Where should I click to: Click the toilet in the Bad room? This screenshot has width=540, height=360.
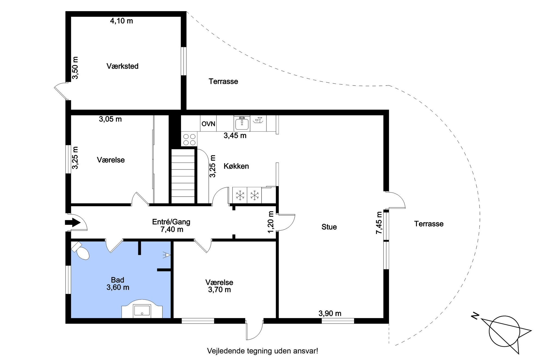(x=81, y=251)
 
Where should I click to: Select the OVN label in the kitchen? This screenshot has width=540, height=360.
(x=208, y=124)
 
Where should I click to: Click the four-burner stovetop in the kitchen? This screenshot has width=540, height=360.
(x=189, y=139)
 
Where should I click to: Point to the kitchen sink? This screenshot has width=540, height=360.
(x=242, y=124)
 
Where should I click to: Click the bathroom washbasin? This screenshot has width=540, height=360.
(x=142, y=311)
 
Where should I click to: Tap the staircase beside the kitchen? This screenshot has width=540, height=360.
(x=183, y=176)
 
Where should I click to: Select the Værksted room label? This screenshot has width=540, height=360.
(x=122, y=66)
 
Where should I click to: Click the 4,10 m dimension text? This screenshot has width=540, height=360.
(x=121, y=21)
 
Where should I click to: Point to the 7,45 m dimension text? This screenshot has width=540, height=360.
(x=379, y=223)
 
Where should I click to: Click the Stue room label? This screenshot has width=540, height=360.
(x=329, y=227)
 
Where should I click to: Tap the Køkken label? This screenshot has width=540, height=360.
(x=236, y=166)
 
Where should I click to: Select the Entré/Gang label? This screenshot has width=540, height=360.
(x=171, y=222)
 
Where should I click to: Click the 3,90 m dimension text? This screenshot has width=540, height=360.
(x=330, y=313)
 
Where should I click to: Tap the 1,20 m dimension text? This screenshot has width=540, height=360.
(x=271, y=222)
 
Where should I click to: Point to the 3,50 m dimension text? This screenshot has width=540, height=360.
(x=75, y=68)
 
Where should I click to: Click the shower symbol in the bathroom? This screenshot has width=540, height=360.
(x=167, y=255)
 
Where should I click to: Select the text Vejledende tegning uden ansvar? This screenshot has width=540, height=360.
(x=262, y=351)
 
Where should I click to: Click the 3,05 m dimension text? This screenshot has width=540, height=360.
(x=110, y=119)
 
